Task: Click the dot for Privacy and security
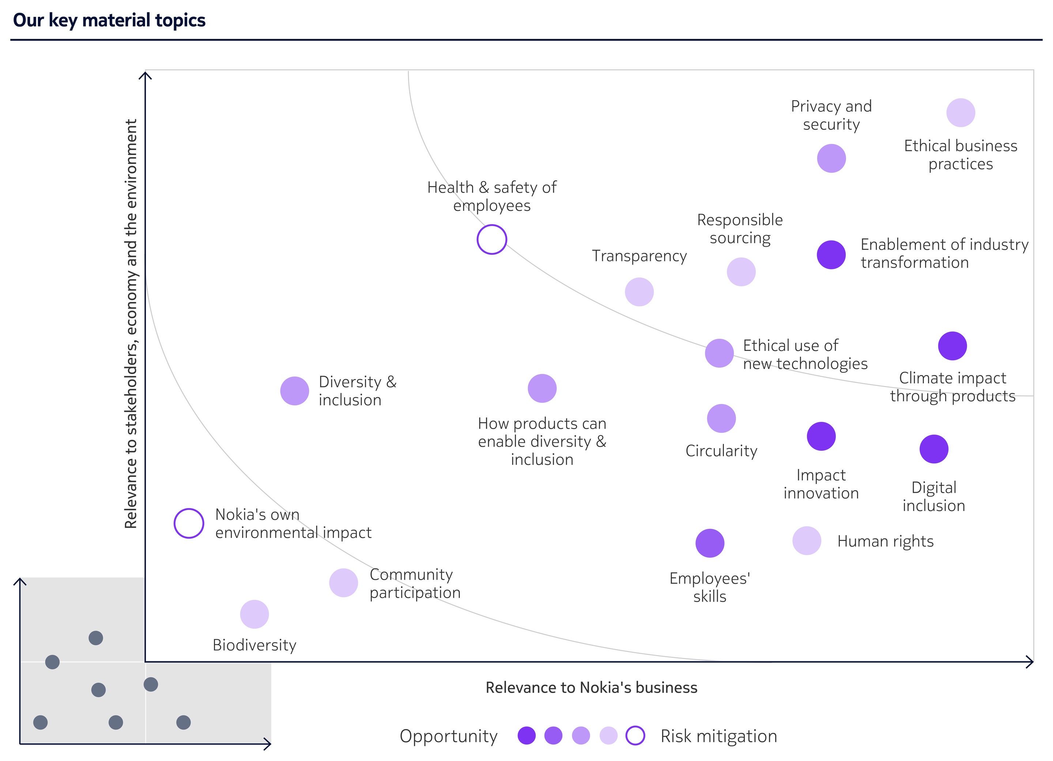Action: click(831, 158)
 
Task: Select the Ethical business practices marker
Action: click(960, 112)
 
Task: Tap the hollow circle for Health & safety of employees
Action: click(492, 239)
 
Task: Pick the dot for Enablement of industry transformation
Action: click(831, 255)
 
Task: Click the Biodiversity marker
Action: click(254, 614)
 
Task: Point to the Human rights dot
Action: click(807, 541)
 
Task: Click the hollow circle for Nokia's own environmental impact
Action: click(189, 523)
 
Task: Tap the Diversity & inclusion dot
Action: click(294, 391)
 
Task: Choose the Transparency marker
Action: click(639, 292)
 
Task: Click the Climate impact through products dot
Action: click(952, 346)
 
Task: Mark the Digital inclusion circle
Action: click(934, 449)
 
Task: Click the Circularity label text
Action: click(721, 451)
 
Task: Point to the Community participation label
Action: click(415, 583)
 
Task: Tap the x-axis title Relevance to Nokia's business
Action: click(591, 687)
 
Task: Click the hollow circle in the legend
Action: click(635, 735)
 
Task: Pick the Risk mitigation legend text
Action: click(718, 736)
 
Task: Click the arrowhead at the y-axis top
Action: click(145, 74)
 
